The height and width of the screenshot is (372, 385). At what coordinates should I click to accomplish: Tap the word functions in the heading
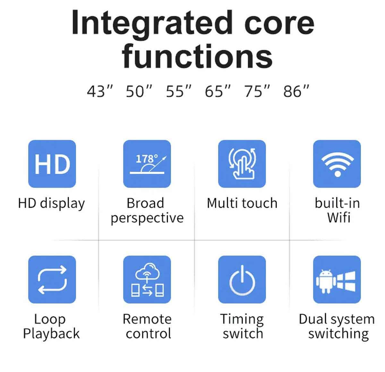coord(197,56)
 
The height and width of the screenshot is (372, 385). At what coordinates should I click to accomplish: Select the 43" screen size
coord(100,91)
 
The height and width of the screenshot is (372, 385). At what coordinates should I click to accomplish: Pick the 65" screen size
coord(218,91)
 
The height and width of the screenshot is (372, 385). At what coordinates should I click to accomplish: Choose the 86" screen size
coord(296,91)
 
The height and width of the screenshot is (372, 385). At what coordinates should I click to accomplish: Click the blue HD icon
coord(52,164)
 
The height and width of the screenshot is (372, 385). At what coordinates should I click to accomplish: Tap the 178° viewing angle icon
coord(147,164)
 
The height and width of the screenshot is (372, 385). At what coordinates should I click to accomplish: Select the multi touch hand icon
coord(242,164)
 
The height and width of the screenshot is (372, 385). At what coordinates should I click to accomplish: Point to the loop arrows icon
coord(52,279)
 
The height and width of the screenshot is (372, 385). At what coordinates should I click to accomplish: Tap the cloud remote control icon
coord(147,279)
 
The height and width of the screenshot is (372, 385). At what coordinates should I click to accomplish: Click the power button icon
coord(242,279)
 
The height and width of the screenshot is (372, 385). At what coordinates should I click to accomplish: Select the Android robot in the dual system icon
coord(325,281)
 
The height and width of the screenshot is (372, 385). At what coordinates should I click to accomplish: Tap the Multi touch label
coord(242,203)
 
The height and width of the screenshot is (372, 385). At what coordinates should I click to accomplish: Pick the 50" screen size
coord(139,91)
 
